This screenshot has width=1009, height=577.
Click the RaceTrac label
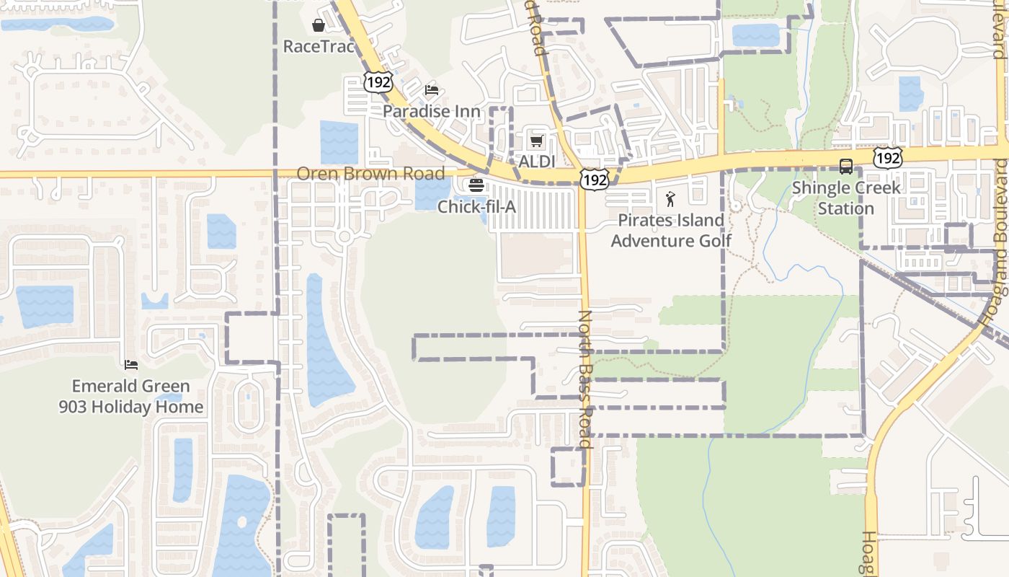click(319, 47)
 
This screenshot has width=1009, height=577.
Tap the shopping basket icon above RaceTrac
click(319, 26)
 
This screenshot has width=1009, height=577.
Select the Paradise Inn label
click(432, 111)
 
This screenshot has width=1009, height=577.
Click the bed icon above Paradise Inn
click(432, 89)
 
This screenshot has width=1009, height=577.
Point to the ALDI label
click(537, 162)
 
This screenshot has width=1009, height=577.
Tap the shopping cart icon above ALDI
click(536, 141)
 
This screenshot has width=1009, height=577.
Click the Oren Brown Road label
click(370, 174)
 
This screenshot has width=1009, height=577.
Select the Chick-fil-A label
click(476, 207)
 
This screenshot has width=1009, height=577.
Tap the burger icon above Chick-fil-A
click(476, 185)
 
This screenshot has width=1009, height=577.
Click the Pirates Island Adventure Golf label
click(671, 230)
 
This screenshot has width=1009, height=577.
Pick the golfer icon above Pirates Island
click(671, 199)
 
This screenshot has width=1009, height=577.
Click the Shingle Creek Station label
click(846, 198)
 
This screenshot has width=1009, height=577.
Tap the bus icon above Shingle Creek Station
click(846, 167)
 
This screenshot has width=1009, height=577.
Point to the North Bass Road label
click(585, 379)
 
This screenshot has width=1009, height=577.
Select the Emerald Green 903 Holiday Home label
click(131, 397)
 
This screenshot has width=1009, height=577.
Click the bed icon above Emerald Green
click(131, 365)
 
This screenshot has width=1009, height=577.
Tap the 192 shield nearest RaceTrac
click(378, 82)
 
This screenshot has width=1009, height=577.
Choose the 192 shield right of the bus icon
click(888, 157)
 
